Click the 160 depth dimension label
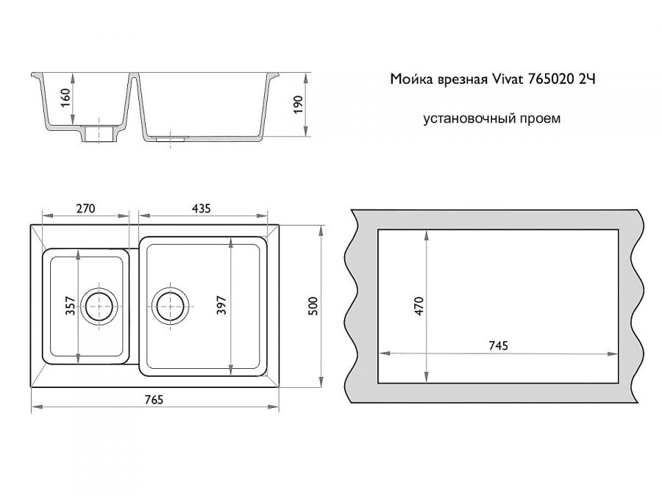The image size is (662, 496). tap(65, 98)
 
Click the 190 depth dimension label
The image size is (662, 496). tap(298, 104)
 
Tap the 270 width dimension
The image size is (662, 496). tap(86, 209)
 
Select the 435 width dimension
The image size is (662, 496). tap(201, 209)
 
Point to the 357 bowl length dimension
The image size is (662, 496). tap(70, 306)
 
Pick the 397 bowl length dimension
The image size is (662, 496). tap(222, 306)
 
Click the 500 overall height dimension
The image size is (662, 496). tap(313, 306)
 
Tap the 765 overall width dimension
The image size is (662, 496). tap(154, 399)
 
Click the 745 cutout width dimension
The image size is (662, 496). tap(498, 346)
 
